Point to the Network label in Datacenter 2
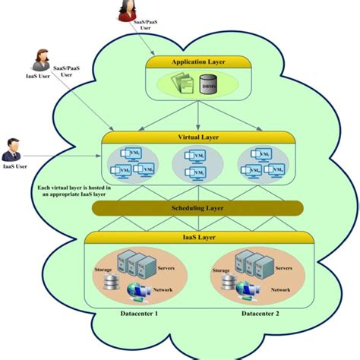tap(280, 290)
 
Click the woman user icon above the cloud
tap(125, 11)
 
